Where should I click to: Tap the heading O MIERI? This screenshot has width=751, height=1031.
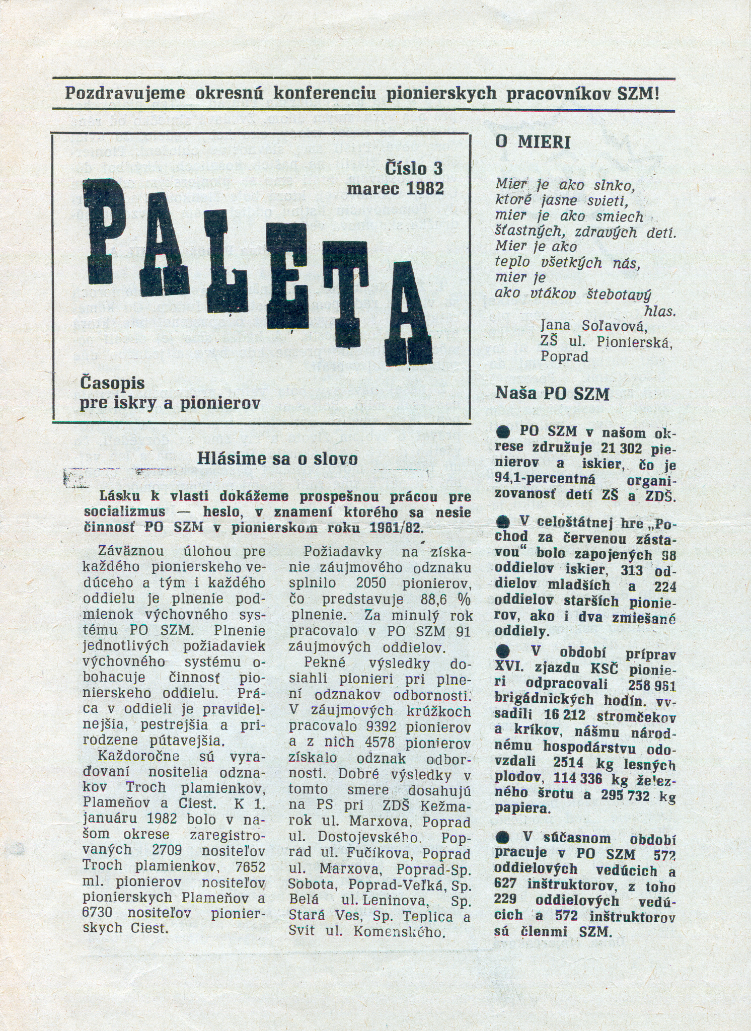tap(533, 142)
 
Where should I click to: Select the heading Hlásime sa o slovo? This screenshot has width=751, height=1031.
tap(277, 459)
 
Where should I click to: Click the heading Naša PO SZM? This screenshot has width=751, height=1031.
tap(552, 393)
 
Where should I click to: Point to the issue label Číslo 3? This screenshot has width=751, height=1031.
tap(413, 168)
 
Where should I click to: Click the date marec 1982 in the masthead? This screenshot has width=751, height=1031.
tap(395, 188)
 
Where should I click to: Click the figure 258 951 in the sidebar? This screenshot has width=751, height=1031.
tap(652, 685)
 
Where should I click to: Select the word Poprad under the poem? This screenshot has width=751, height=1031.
tap(564, 356)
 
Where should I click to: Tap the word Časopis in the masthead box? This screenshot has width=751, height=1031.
tap(112, 383)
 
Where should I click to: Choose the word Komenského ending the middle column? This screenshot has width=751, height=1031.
tap(400, 931)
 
